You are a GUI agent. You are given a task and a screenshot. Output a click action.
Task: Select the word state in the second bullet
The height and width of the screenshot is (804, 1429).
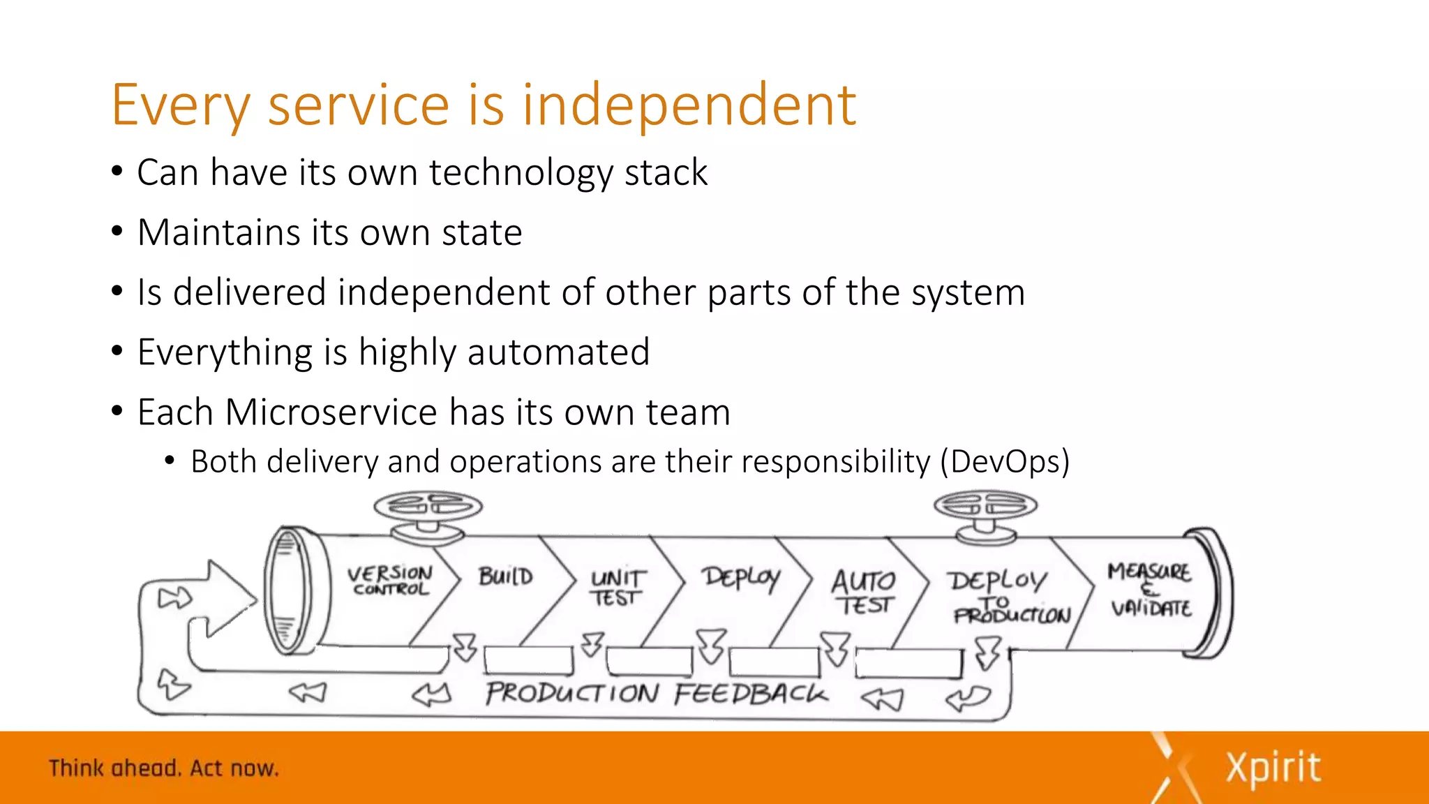(x=481, y=232)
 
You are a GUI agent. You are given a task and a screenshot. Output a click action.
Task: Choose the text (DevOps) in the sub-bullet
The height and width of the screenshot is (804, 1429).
(x=1004, y=462)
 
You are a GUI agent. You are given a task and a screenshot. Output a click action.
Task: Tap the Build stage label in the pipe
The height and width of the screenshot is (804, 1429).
(x=506, y=576)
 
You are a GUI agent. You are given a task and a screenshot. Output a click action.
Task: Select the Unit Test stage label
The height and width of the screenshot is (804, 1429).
(x=618, y=588)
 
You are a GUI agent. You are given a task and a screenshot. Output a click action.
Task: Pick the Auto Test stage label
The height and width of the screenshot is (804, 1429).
(x=864, y=592)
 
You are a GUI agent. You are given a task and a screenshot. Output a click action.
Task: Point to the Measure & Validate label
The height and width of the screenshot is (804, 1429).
(x=1150, y=590)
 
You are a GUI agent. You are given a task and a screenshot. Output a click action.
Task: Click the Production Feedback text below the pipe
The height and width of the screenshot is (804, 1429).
(x=656, y=693)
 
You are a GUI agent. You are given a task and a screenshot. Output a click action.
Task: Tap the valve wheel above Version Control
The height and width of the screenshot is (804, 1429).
(x=428, y=506)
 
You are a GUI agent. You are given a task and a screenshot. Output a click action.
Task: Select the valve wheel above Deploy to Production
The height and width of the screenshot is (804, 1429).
(x=985, y=505)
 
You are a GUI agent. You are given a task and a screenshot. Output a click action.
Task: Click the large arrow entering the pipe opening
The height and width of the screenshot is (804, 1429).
(x=223, y=599)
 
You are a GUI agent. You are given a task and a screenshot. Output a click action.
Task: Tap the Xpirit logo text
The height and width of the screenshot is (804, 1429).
(x=1273, y=768)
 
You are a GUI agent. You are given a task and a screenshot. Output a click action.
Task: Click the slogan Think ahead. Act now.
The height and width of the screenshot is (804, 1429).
(x=164, y=768)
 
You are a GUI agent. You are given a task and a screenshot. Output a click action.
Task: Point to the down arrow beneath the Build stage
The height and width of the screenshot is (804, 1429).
(x=592, y=643)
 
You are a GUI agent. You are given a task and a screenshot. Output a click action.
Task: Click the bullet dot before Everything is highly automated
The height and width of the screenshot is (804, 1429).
(x=117, y=351)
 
